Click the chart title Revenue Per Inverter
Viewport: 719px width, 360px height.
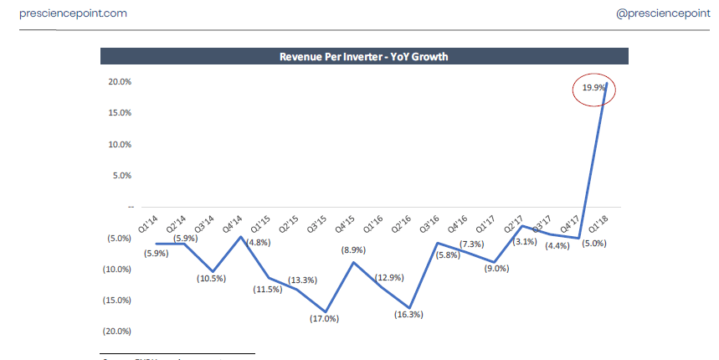coord(363,57)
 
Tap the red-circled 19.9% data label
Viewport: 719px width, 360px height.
coord(594,88)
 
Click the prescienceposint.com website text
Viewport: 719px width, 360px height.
coord(73,14)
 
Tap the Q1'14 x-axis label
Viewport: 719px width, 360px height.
coord(149,224)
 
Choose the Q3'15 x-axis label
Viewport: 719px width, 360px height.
coord(316,224)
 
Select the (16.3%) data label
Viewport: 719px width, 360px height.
coord(408,315)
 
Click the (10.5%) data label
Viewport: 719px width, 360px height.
coord(210,278)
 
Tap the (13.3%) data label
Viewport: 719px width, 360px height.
coord(301,280)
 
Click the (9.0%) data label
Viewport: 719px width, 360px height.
coord(496,269)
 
